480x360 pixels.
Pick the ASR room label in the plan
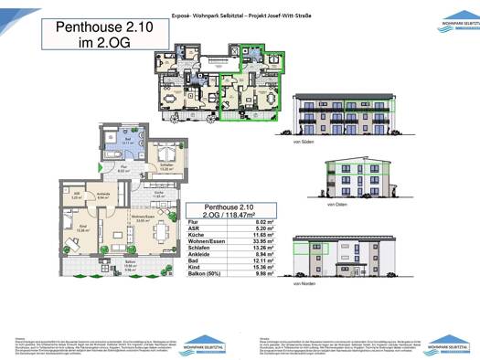pyautogui.click(x=78, y=196)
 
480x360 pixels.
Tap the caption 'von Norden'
pyautogui.click(x=303, y=284)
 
